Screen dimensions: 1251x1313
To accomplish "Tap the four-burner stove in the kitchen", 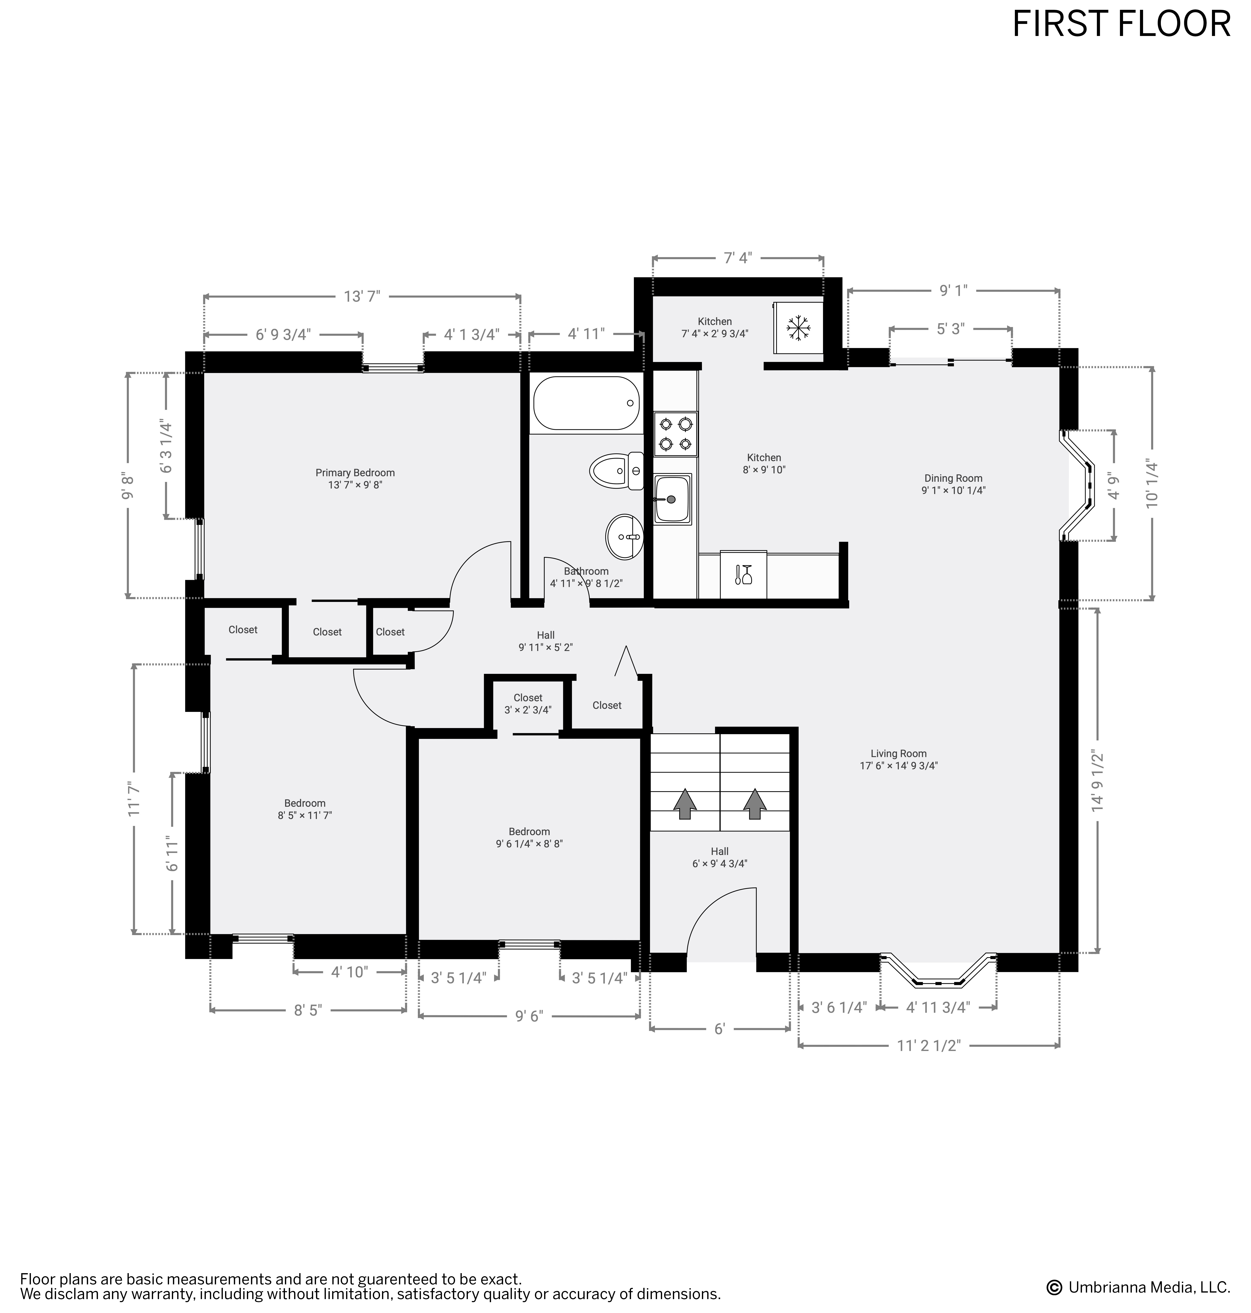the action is tap(676, 434).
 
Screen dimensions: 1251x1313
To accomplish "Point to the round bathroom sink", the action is tap(625, 537).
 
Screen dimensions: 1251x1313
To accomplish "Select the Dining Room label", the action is tap(953, 484).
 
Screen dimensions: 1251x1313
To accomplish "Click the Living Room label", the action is tap(898, 760).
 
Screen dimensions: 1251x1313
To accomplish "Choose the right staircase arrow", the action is tap(755, 803).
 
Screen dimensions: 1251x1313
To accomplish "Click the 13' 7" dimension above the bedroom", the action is tap(362, 296).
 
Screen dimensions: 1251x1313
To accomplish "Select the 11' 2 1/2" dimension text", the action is tap(928, 1045).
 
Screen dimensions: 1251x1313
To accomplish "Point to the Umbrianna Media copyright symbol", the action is tap(1054, 1287).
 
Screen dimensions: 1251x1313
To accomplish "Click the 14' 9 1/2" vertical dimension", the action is tap(1097, 780).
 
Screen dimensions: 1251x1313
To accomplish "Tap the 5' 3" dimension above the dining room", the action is tap(950, 329).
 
